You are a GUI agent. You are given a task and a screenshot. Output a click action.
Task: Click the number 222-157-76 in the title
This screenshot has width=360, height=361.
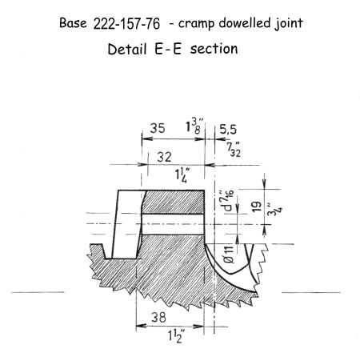click(126, 24)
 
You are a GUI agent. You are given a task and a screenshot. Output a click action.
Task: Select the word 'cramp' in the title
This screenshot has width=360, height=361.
click(196, 24)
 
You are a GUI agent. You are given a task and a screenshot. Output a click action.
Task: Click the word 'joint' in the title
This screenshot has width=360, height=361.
click(289, 23)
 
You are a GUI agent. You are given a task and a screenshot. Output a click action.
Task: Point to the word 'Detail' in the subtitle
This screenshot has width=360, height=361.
click(127, 49)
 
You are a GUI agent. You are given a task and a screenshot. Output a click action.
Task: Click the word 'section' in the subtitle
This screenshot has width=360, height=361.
click(214, 49)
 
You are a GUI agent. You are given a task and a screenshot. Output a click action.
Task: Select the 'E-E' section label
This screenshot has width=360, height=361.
click(168, 49)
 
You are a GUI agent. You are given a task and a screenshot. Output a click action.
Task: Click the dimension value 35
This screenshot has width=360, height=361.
click(158, 128)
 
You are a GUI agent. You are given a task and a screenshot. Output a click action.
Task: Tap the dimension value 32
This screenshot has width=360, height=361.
click(164, 157)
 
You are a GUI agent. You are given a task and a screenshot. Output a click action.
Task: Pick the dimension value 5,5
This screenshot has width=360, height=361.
click(228, 130)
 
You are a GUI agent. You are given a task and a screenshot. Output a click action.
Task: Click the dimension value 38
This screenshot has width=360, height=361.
click(158, 317)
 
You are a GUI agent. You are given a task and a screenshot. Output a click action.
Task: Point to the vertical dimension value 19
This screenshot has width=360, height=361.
click(257, 207)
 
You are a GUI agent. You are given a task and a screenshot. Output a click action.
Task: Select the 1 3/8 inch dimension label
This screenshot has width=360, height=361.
click(196, 126)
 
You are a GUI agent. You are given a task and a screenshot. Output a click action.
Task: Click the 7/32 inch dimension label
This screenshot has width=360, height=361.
click(234, 150)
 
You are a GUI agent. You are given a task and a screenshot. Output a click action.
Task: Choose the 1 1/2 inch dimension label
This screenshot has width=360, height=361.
click(176, 335)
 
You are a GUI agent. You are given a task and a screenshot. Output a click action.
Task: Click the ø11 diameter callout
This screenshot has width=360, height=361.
click(229, 254)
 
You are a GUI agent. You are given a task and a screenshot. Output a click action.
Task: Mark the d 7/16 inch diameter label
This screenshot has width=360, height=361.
click(229, 200)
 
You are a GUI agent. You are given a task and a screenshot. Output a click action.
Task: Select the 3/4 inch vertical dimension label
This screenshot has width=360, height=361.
click(274, 210)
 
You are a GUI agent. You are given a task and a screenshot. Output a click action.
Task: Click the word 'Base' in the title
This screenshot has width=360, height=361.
click(73, 23)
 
